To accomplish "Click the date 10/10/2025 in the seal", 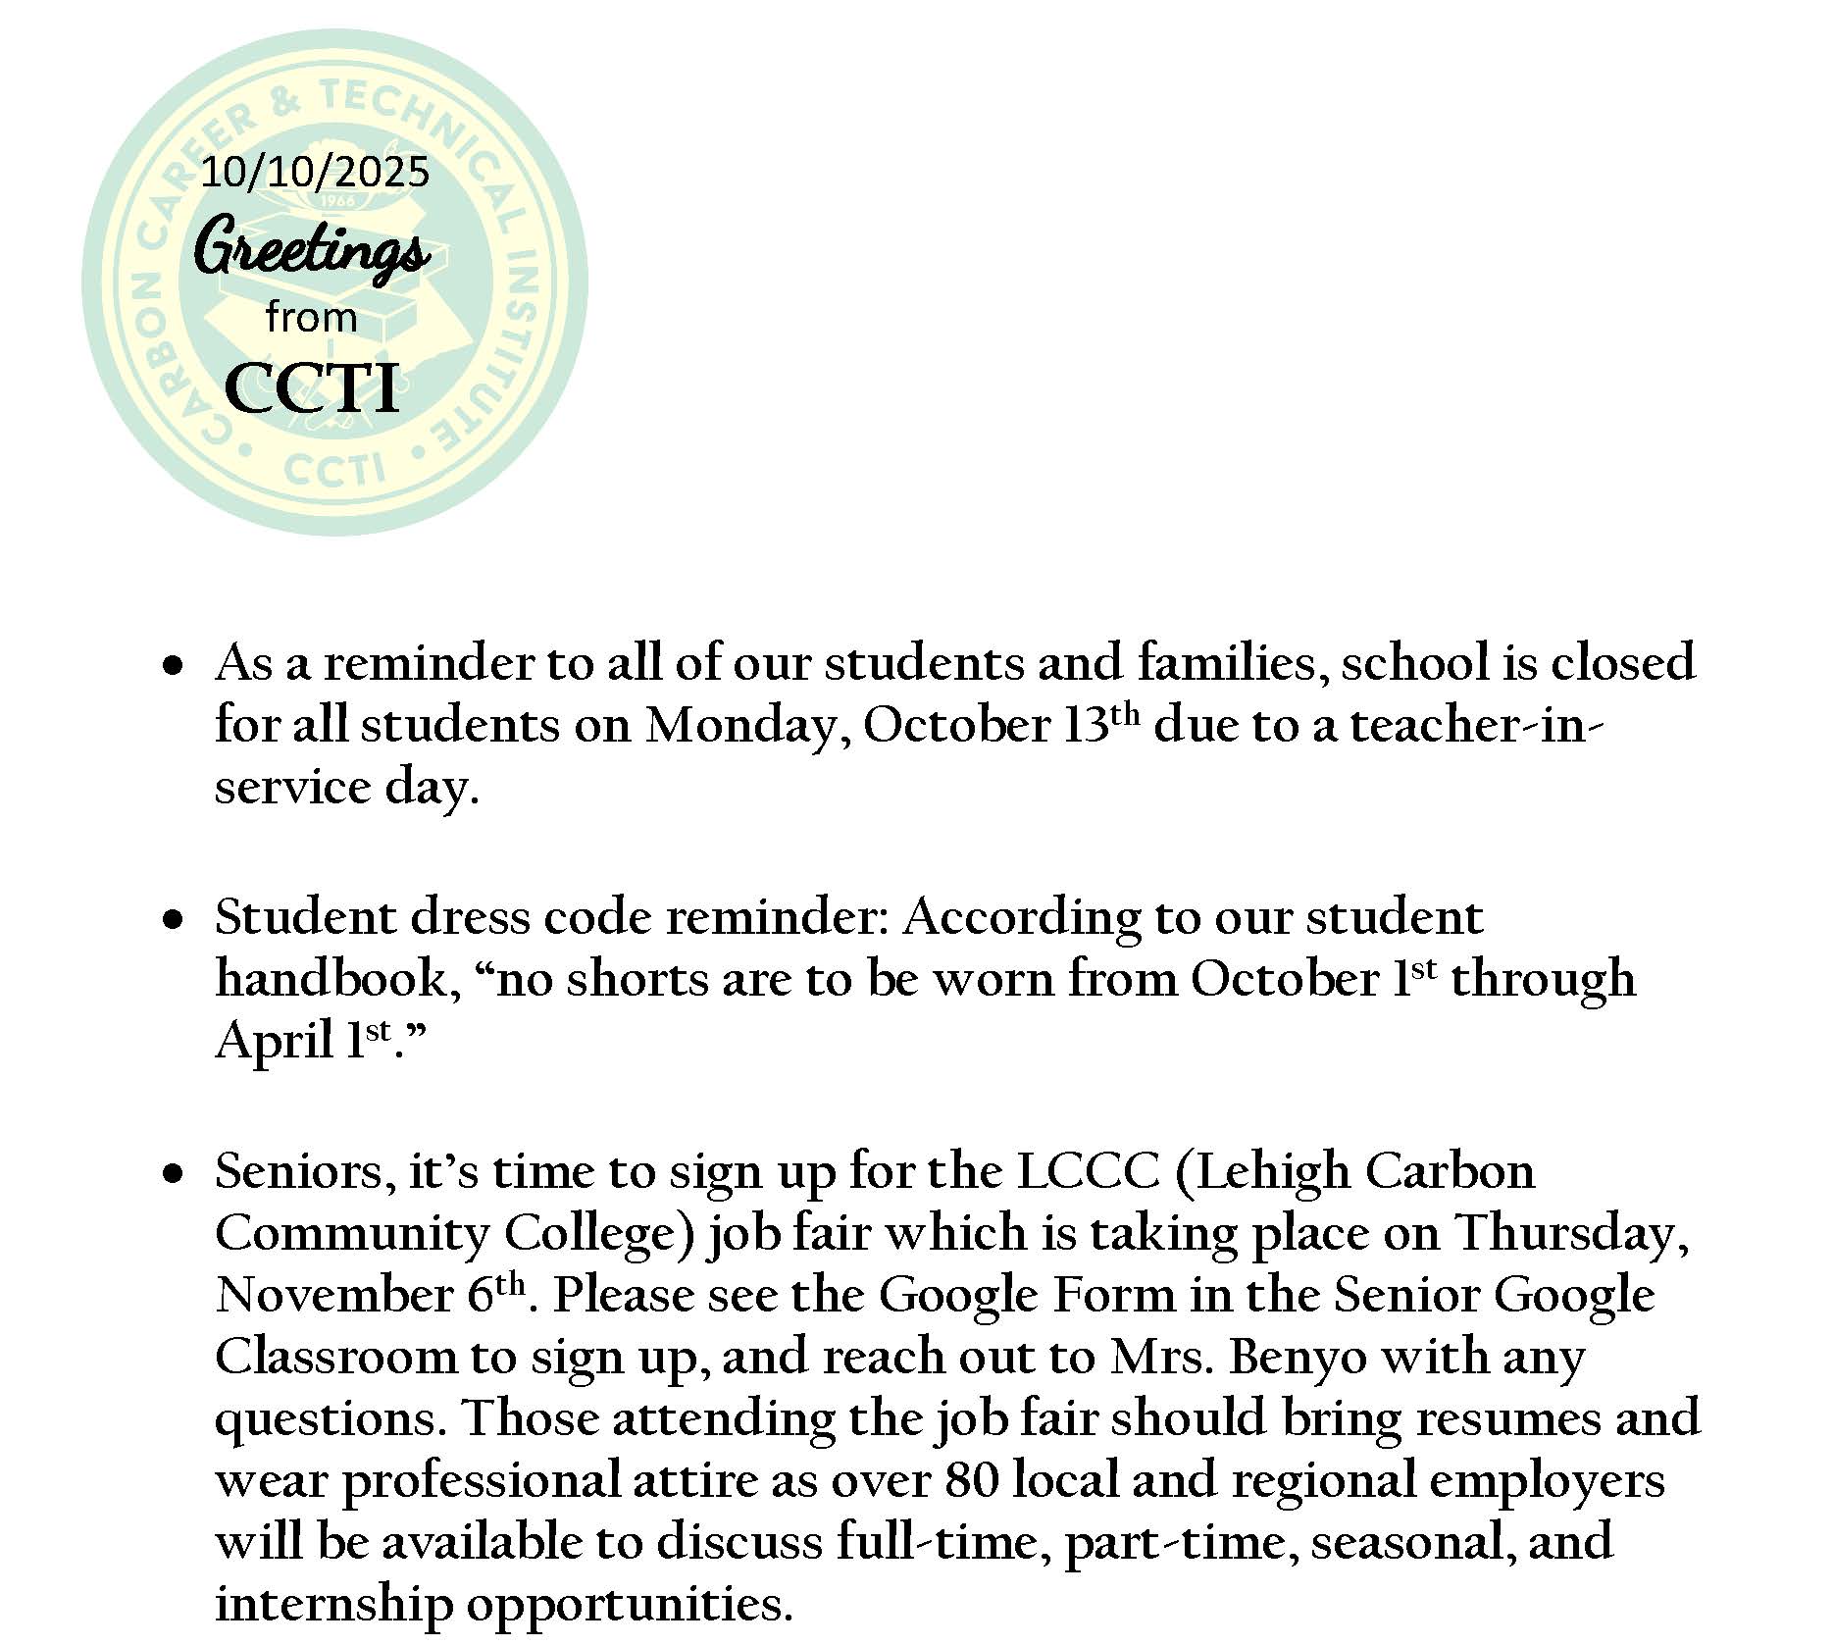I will click(315, 173).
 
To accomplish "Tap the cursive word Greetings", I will click(312, 248).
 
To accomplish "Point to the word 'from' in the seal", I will click(311, 318).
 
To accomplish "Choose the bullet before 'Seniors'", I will click(174, 1174).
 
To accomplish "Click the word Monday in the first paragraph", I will click(738, 726).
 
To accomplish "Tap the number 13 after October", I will click(1086, 726).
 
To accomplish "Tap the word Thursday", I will click(1568, 1234).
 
